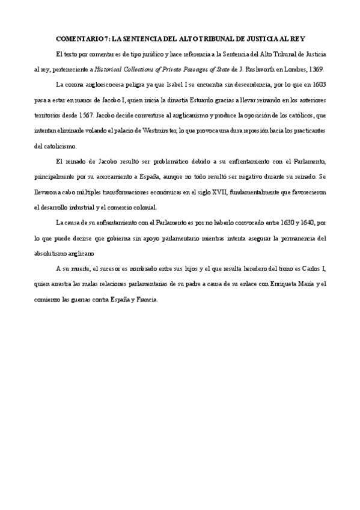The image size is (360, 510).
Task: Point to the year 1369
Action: tap(316, 69)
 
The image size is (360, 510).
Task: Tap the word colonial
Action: tap(144, 208)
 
